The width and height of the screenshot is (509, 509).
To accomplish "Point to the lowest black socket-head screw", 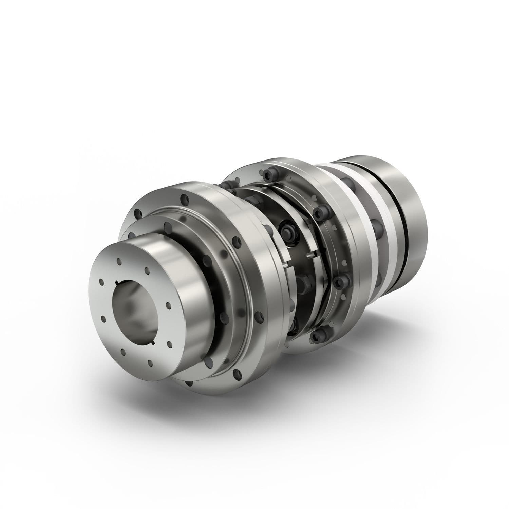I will pyautogui.click(x=316, y=336).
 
